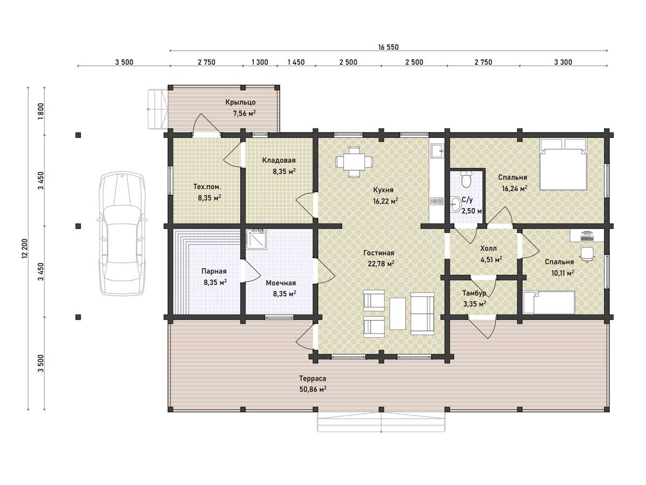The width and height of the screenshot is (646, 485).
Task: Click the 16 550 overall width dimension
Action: pos(388,47)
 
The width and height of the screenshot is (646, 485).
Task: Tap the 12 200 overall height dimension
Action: pos(25,248)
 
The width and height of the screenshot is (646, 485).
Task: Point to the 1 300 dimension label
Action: pos(260,62)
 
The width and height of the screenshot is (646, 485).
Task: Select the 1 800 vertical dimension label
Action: pos(41,111)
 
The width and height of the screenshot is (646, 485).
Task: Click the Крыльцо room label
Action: pos(241,102)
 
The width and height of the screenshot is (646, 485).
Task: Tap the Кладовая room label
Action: pos(279,160)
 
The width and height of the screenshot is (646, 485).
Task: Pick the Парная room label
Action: pos(214,271)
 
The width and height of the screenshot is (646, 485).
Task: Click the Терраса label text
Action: pos(313,378)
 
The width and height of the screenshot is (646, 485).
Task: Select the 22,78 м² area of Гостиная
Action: pos(381,264)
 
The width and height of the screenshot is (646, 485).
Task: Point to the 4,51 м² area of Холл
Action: pos(491,260)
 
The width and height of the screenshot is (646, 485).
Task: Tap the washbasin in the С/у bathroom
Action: pos(455,204)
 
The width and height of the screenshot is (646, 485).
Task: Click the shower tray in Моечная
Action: pos(256,239)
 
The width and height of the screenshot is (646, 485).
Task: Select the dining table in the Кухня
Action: pos(354,162)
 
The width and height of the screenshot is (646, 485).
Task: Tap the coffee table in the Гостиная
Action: pos(398,313)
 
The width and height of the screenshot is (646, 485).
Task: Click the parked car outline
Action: pos(122,233)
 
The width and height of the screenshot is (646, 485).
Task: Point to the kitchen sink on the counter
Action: pos(437,150)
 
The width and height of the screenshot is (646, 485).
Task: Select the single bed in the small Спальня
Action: pos(549,302)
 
